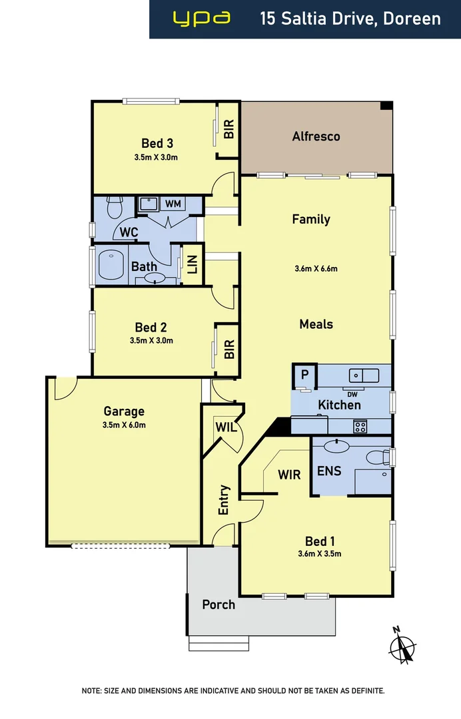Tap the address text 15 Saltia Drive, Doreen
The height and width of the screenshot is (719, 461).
point(350,19)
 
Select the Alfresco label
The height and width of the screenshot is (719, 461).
point(316,136)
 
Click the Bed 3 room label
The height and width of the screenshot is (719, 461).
point(157,142)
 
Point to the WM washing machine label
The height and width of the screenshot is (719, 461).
point(173,204)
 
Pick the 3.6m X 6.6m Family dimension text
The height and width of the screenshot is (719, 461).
point(316,269)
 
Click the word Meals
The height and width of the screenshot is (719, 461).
point(316,324)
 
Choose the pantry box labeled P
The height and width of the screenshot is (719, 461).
point(304,375)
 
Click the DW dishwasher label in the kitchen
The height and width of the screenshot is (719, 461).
point(352,393)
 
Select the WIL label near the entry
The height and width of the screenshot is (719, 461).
point(226,427)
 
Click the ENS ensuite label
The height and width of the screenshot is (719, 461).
point(329,471)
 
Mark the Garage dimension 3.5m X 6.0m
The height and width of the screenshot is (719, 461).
point(124,425)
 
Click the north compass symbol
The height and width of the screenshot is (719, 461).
point(402,644)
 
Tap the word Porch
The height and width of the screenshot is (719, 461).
point(219,604)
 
